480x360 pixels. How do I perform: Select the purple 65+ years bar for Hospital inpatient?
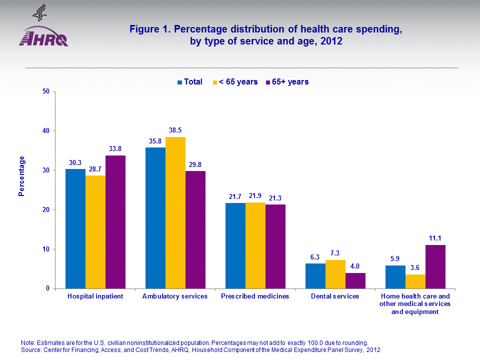click(115, 222)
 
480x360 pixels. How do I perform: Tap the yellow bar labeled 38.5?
click(175, 212)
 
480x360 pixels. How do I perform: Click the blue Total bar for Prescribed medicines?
click(235, 245)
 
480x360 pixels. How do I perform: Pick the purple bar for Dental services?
click(355, 280)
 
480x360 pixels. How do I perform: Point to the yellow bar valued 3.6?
click(415, 281)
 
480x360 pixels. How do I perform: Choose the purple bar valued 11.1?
click(435, 266)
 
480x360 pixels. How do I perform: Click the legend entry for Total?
click(189, 81)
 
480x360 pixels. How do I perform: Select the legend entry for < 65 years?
click(235, 81)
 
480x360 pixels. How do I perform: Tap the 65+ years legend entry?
click(287, 81)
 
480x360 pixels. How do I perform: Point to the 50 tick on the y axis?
click(46, 91)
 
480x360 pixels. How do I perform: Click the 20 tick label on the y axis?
click(46, 210)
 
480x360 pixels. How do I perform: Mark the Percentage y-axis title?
click(21, 176)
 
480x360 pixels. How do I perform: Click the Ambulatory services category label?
click(175, 296)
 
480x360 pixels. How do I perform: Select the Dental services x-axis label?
click(335, 296)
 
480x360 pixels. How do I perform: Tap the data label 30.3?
click(75, 162)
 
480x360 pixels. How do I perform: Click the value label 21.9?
click(255, 196)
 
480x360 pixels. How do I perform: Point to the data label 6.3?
click(315, 257)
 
